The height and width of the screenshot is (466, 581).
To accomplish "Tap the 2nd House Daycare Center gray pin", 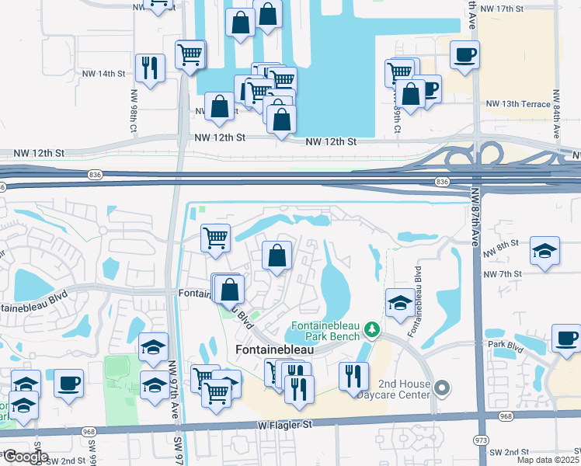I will (442, 386).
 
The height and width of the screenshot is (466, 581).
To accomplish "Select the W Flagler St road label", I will (284, 425).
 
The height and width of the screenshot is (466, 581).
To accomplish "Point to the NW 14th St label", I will (103, 74).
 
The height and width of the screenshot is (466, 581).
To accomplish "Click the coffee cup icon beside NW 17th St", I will (464, 55).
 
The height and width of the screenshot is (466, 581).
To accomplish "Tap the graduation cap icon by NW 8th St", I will (544, 251).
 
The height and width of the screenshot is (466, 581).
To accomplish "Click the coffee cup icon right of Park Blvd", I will (565, 339).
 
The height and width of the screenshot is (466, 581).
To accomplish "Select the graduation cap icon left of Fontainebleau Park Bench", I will (400, 302).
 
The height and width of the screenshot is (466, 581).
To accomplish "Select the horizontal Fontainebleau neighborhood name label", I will (269, 351).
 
